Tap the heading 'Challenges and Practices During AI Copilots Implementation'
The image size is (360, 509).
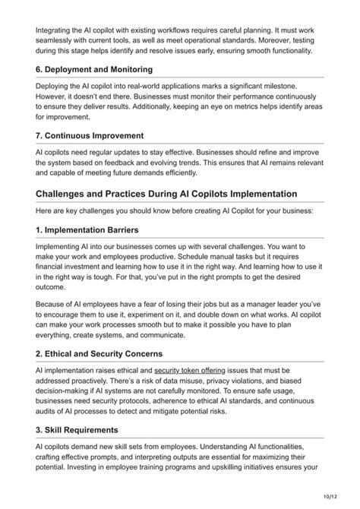tap(166, 194)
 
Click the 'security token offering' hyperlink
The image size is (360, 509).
tap(186, 370)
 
